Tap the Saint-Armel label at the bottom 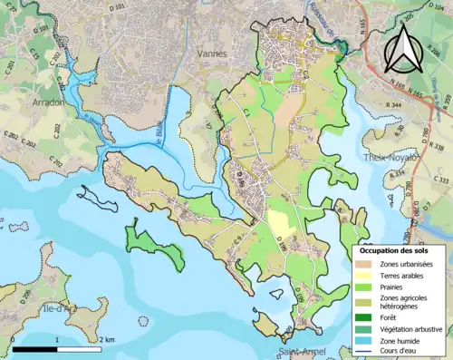coord(299,353)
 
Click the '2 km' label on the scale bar coord(108,339)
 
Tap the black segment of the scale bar coord(36,348)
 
